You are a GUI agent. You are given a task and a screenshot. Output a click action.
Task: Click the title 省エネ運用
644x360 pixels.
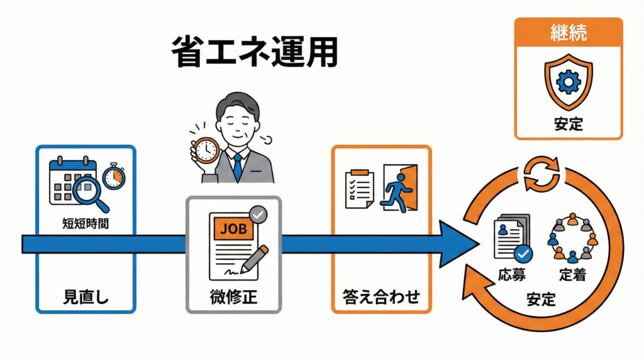point(254,53)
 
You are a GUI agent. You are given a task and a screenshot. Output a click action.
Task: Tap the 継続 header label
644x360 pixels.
point(568,33)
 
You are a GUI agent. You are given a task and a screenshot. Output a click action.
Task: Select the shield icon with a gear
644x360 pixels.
point(568,84)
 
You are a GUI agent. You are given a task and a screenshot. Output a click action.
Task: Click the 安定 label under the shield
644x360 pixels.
point(568,124)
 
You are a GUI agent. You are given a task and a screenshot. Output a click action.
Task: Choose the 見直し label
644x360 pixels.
point(86,296)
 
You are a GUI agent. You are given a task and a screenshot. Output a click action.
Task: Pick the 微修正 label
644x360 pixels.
point(233,296)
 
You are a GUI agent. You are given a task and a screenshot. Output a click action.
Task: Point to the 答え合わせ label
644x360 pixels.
point(381,296)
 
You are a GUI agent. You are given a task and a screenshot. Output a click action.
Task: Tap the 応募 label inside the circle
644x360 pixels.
point(510,274)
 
